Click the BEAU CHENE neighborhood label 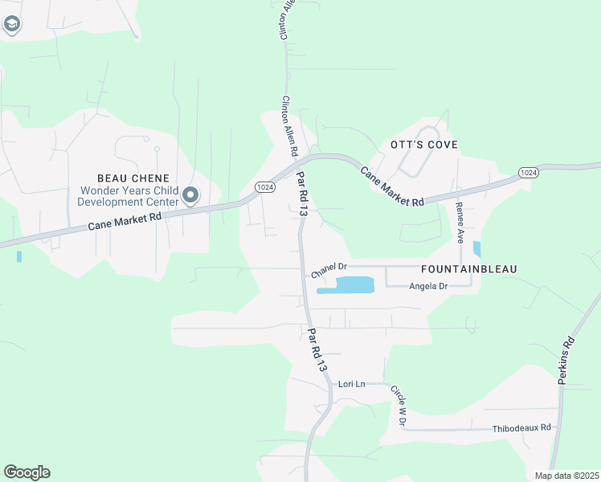pyautogui.click(x=133, y=178)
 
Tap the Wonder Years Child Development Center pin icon pyautogui.click(x=190, y=195)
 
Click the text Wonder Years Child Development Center pyautogui.click(x=128, y=197)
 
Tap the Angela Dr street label pyautogui.click(x=427, y=286)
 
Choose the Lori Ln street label pyautogui.click(x=351, y=384)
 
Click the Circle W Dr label pyautogui.click(x=399, y=406)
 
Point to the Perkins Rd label pyautogui.click(x=567, y=359)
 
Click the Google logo pyautogui.click(x=27, y=472)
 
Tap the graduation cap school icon pyautogui.click(x=11, y=24)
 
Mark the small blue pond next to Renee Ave pyautogui.click(x=477, y=249)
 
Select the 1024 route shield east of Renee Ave pyautogui.click(x=528, y=173)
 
